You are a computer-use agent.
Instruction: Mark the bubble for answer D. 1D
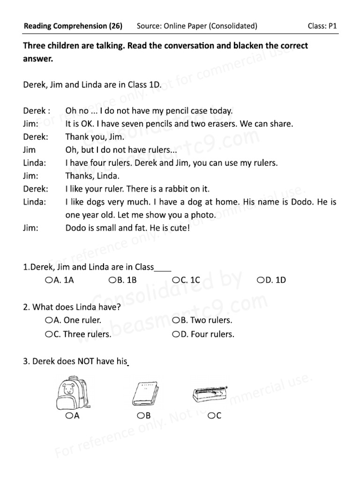tap(260, 280)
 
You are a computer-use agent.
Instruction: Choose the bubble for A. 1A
tap(49, 280)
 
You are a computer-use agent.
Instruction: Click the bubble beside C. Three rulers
tap(49, 335)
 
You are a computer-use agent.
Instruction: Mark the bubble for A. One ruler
tap(49, 321)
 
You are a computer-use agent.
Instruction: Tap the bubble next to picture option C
tap(212, 415)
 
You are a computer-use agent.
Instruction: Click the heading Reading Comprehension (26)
tap(73, 26)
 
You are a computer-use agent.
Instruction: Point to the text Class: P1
tap(322, 26)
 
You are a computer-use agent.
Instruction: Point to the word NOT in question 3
tap(87, 362)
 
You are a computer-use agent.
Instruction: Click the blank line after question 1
tap(163, 268)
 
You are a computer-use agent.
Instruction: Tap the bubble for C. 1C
tap(176, 280)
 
